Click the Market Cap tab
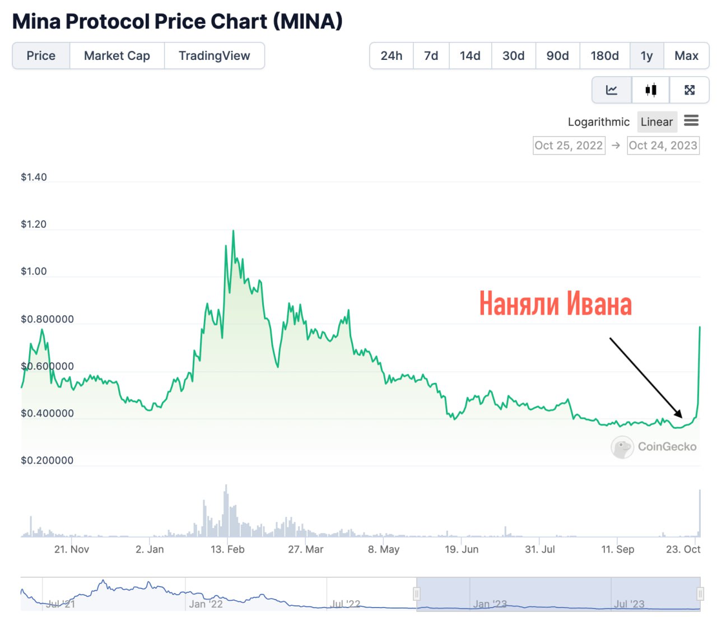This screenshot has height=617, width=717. (x=117, y=56)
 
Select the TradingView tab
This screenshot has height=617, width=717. (x=214, y=56)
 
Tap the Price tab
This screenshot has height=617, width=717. (x=41, y=56)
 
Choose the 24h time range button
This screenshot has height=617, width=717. (x=391, y=56)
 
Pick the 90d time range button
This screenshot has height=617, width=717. (x=557, y=56)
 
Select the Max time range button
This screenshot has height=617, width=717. (x=686, y=56)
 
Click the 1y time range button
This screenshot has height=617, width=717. (x=646, y=56)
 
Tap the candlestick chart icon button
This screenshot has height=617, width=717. (x=650, y=90)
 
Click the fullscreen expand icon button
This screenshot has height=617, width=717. (x=690, y=90)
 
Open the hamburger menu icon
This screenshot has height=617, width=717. (x=691, y=120)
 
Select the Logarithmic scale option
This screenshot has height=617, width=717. (x=598, y=122)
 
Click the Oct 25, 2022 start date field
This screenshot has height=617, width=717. (x=569, y=146)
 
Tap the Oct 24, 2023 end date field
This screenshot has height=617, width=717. (x=663, y=146)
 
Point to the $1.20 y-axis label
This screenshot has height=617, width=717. (x=34, y=225)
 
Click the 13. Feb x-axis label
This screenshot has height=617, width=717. (x=227, y=549)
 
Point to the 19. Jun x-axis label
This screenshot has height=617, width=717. (x=462, y=549)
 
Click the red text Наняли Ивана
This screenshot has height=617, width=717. (x=555, y=304)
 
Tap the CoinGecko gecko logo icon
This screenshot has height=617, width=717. (x=622, y=447)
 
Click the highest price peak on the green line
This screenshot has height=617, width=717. (x=233, y=231)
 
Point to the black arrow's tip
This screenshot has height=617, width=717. (x=682, y=417)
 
